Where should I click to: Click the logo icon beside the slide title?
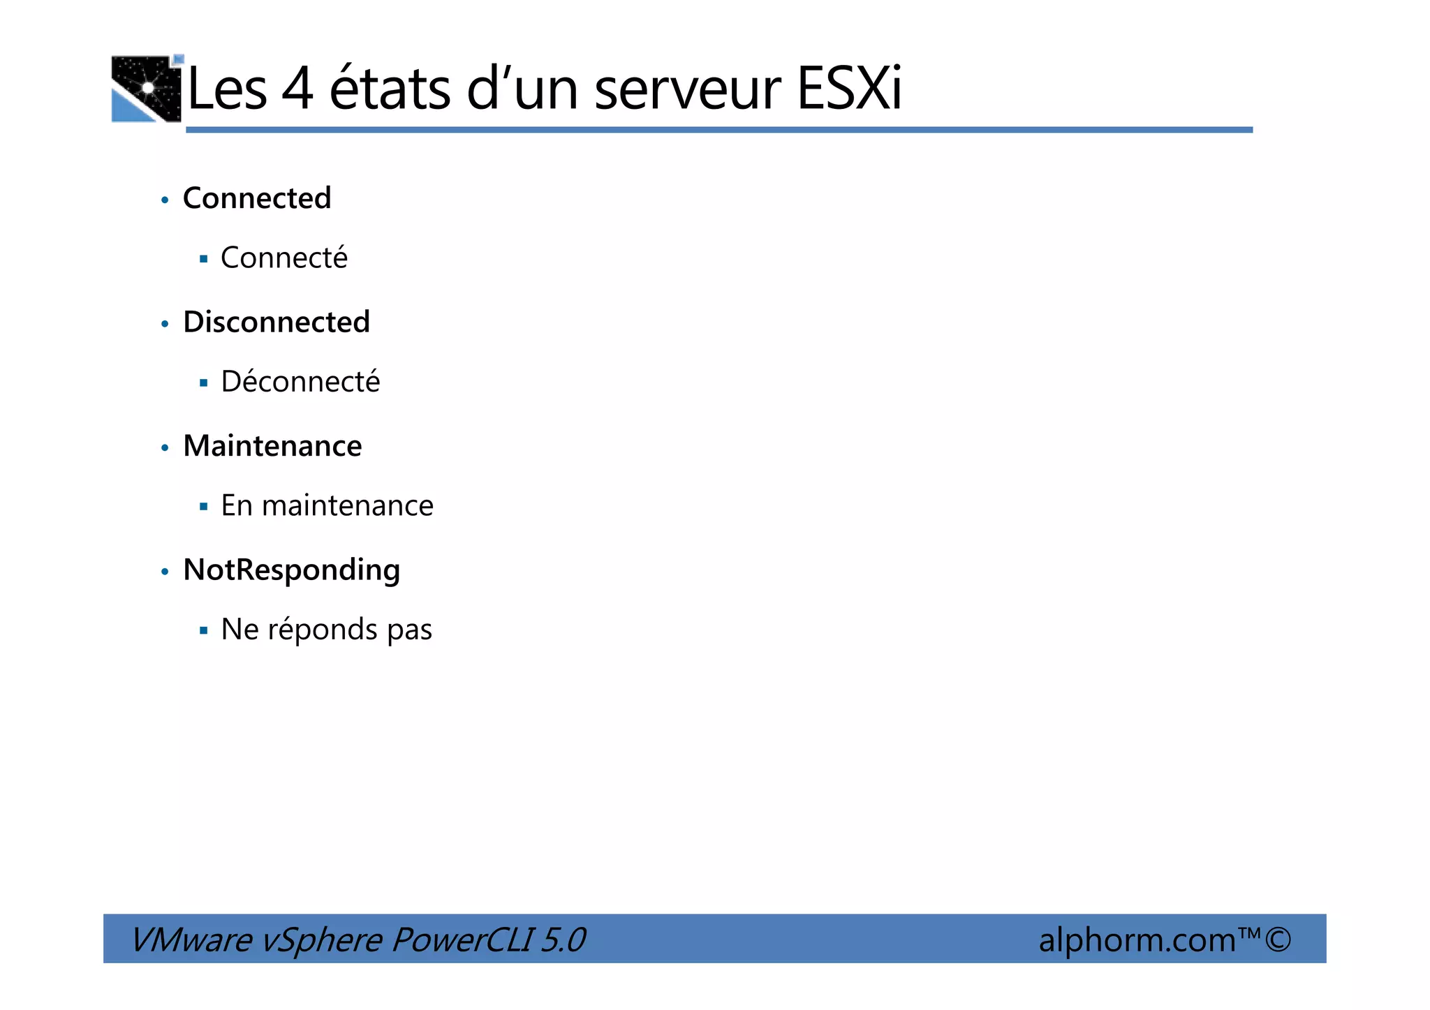point(147,89)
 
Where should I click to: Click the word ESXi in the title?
point(849,89)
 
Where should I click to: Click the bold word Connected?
point(257,198)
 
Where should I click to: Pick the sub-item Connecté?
point(283,258)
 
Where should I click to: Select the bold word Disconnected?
point(277,322)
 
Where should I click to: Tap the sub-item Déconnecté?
point(300,381)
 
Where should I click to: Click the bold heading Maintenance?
point(272,446)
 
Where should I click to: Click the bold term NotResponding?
point(291,570)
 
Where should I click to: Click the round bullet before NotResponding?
point(165,572)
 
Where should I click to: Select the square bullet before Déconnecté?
point(204,383)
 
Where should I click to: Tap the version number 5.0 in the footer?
point(563,940)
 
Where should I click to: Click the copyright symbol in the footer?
point(1278,939)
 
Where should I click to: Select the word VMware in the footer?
point(191,940)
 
